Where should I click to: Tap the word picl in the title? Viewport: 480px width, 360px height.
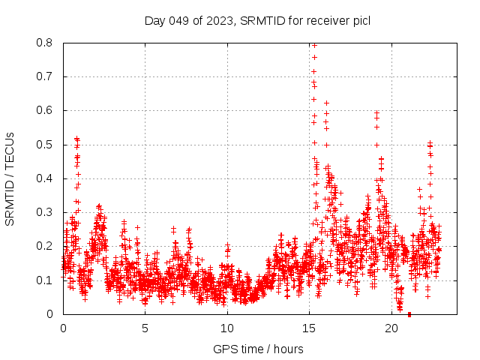tap(360, 20)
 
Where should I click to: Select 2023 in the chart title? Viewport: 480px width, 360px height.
tap(218, 20)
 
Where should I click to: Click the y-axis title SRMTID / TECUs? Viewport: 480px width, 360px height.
tap(10, 178)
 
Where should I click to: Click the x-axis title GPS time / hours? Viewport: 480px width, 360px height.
tap(258, 349)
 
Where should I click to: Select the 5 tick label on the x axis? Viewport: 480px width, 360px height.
tap(145, 328)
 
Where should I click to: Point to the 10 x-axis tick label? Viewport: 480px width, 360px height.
tap(227, 328)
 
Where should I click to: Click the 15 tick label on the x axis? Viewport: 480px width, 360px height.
tap(309, 328)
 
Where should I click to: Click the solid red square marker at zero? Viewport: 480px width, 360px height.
tap(409, 314)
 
